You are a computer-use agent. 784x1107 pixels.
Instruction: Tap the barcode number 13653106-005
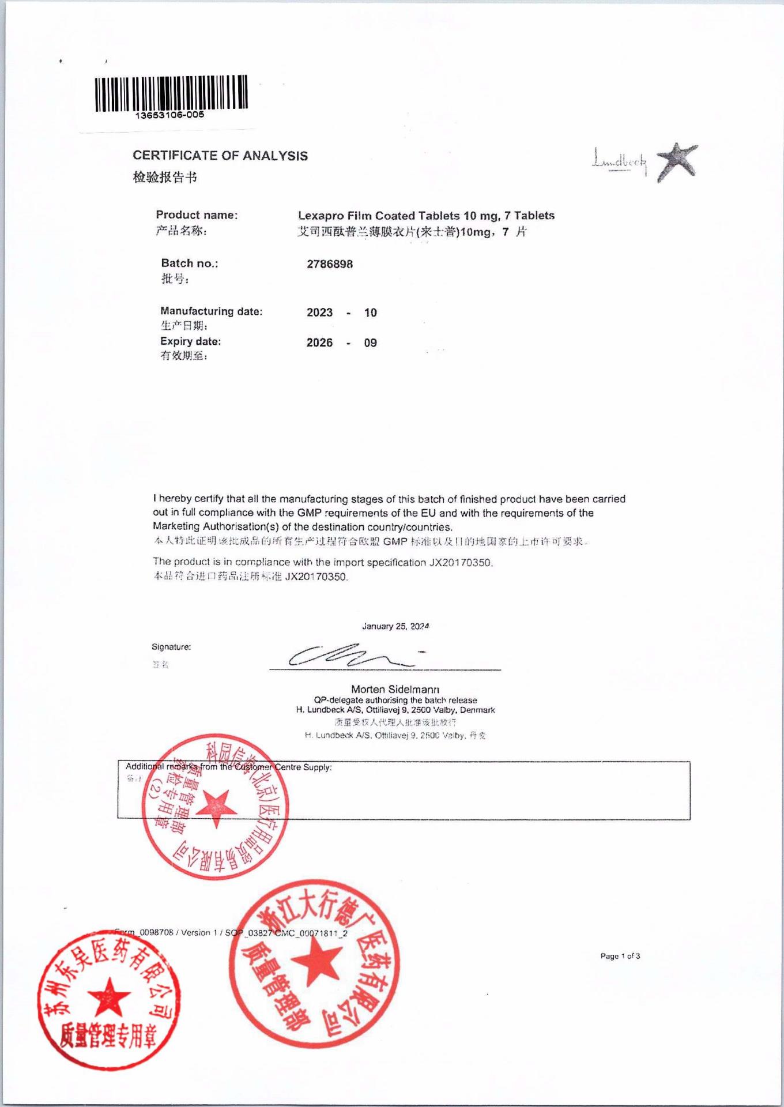tap(169, 115)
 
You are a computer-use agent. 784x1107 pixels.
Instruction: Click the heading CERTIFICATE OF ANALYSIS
tap(220, 156)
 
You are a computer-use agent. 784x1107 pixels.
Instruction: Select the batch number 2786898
tap(330, 264)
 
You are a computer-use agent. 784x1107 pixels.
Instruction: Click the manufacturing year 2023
tap(319, 312)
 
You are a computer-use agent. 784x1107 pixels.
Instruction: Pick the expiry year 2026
tap(319, 342)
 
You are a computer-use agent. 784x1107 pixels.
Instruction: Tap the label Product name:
tap(197, 215)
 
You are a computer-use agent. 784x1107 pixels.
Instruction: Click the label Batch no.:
tap(190, 263)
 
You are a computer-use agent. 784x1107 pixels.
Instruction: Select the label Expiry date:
tap(191, 341)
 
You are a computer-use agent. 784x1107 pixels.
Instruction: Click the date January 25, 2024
tap(395, 626)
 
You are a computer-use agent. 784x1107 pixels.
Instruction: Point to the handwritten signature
tap(352, 655)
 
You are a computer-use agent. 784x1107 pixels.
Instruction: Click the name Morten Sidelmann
tap(395, 689)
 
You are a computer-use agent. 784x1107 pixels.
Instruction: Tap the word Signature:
tap(171, 647)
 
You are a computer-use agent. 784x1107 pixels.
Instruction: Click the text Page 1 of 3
tap(620, 956)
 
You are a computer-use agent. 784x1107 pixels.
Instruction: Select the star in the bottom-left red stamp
tap(108, 996)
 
